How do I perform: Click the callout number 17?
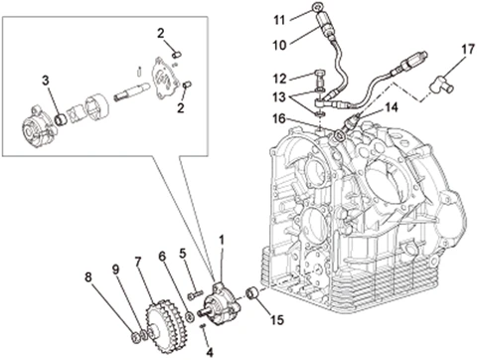pyautogui.click(x=468, y=50)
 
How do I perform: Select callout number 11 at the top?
pyautogui.click(x=279, y=20)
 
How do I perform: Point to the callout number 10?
pyautogui.click(x=280, y=46)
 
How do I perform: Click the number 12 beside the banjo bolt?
pyautogui.click(x=280, y=79)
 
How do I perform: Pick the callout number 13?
pyautogui.click(x=280, y=97)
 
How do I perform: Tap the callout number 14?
pyautogui.click(x=392, y=107)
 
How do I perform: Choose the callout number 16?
pyautogui.click(x=279, y=118)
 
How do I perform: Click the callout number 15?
pyautogui.click(x=277, y=320)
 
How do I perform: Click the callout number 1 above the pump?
pyautogui.click(x=222, y=241)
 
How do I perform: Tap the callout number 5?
pyautogui.click(x=183, y=254)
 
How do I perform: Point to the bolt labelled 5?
pyautogui.click(x=195, y=294)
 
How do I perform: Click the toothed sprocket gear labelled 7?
pyautogui.click(x=165, y=321)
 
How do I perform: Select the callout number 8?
pyautogui.click(x=87, y=277)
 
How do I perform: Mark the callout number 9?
pyautogui.click(x=115, y=270)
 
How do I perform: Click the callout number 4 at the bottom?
pyautogui.click(x=210, y=353)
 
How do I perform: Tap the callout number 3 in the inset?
pyautogui.click(x=46, y=81)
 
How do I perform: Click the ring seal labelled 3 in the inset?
pyautogui.click(x=61, y=119)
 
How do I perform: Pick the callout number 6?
pyautogui.click(x=162, y=256)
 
